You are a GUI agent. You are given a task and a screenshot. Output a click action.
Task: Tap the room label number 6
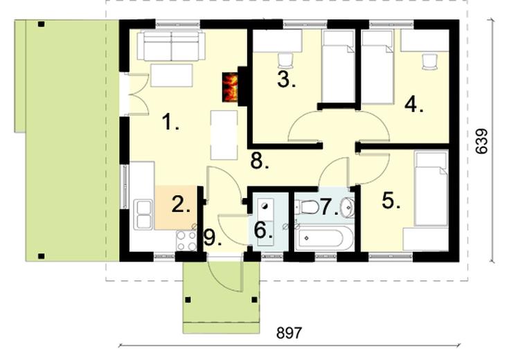click(x=262, y=229)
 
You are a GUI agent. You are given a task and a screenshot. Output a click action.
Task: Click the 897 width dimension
click(x=289, y=333)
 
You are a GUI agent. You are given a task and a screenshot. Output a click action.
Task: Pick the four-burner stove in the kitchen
click(x=186, y=240)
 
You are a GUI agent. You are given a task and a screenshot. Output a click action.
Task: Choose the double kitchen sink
click(x=144, y=213)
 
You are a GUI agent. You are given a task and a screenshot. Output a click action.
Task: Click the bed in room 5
click(x=430, y=189)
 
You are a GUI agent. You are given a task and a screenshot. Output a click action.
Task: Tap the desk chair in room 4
click(x=431, y=62)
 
